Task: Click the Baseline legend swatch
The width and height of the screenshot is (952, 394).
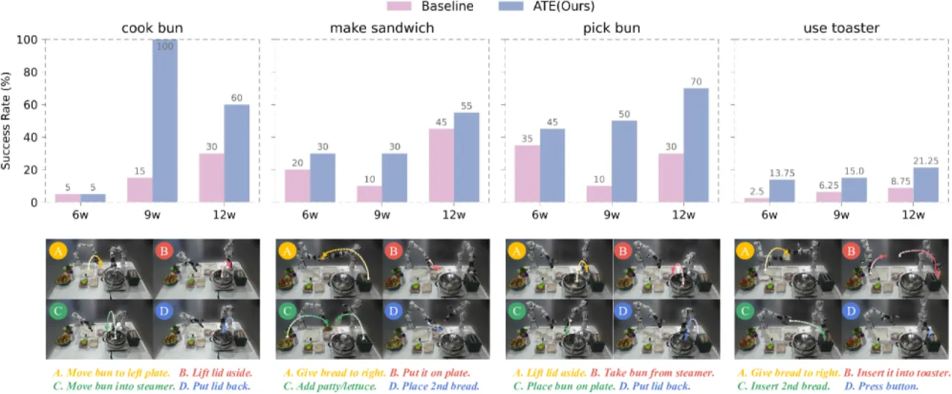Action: pos(399,6)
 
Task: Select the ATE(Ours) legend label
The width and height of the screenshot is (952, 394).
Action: pos(564,6)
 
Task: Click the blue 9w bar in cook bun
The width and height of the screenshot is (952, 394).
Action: pos(165,120)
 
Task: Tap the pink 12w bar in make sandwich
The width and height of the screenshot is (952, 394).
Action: pos(442,165)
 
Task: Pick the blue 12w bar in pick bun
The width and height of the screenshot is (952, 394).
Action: pos(696,145)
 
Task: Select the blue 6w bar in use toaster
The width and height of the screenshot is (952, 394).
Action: pos(782,191)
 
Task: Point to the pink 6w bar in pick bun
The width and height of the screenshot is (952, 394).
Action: pos(527,174)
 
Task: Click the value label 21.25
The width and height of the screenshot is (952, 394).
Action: pos(926,161)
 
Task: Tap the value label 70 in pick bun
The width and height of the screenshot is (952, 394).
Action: pos(696,82)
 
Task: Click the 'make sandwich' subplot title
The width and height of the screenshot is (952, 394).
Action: pos(382,28)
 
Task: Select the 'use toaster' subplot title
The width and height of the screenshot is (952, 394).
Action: pos(841,28)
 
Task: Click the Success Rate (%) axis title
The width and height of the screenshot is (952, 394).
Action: pos(6,121)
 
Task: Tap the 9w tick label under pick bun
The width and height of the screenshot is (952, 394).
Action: pos(611,215)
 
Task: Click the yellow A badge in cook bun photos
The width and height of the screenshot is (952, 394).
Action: pos(58,251)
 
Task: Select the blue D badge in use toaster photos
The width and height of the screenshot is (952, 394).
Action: pos(851,311)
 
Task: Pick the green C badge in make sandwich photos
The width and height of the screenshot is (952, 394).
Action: pos(287,311)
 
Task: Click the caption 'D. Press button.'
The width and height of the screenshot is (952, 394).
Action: pos(881,387)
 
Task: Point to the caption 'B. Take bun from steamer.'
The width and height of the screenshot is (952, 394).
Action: pos(652,372)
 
